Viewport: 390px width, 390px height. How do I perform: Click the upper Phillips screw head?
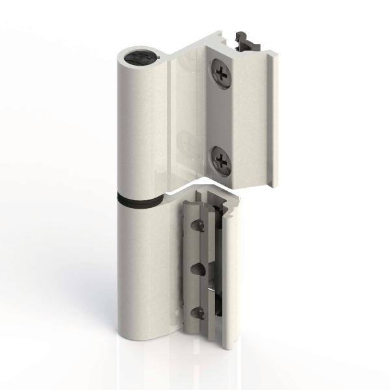[x=222, y=73]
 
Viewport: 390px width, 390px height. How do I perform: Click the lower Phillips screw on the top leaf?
[x=222, y=159]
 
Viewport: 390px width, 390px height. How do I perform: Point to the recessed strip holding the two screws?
[x=221, y=117]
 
